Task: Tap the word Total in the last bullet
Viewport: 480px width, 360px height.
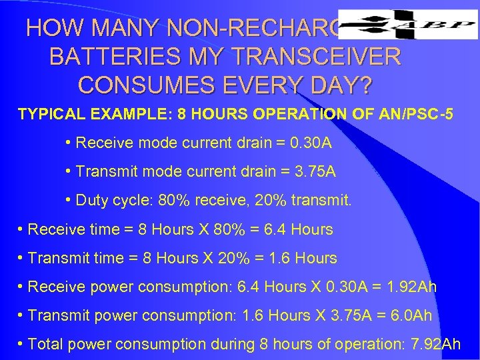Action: pyautogui.click(x=45, y=344)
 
